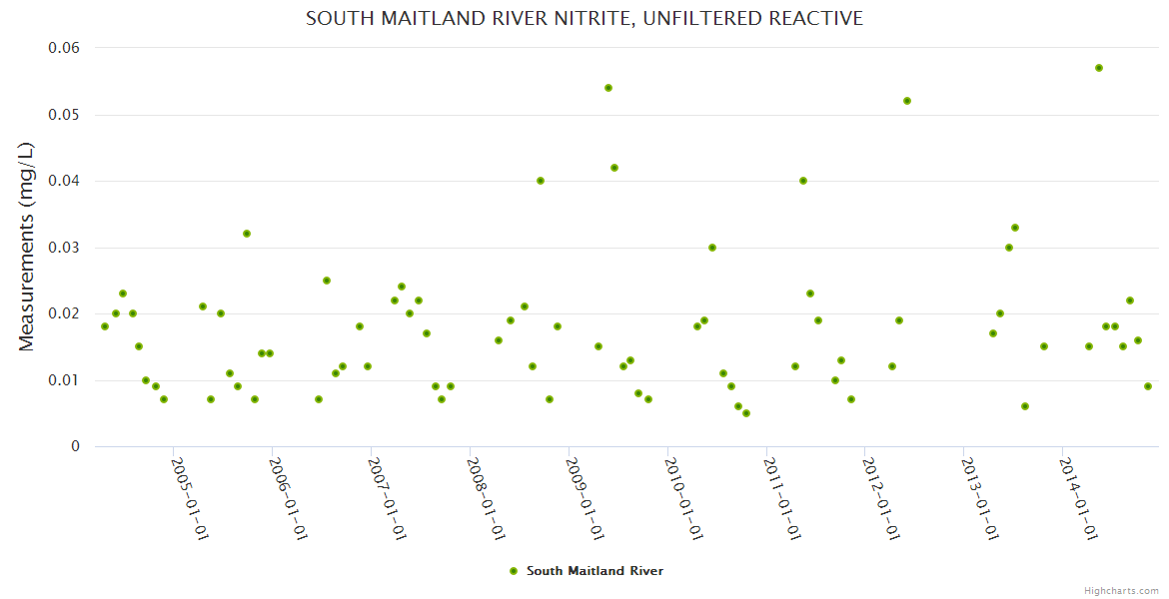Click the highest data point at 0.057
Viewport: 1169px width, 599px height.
point(1099,68)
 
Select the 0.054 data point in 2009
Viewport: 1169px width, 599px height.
point(608,88)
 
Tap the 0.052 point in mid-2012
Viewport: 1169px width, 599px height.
point(907,101)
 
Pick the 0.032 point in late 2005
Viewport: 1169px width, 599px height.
point(247,234)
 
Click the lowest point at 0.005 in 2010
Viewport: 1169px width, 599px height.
point(746,413)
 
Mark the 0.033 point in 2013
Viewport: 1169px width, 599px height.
point(1015,228)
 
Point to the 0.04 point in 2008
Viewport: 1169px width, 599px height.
point(541,181)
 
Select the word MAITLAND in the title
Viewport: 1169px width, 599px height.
point(417,18)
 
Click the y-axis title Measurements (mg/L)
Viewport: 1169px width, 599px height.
point(27,247)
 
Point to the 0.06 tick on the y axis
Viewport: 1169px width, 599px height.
point(64,48)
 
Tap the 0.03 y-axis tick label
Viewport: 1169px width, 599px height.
point(64,248)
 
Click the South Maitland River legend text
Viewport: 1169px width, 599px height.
point(594,571)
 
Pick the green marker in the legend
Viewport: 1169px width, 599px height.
point(514,571)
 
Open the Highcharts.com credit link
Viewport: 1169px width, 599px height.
point(1121,590)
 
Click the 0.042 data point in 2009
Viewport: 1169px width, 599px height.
point(614,168)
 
